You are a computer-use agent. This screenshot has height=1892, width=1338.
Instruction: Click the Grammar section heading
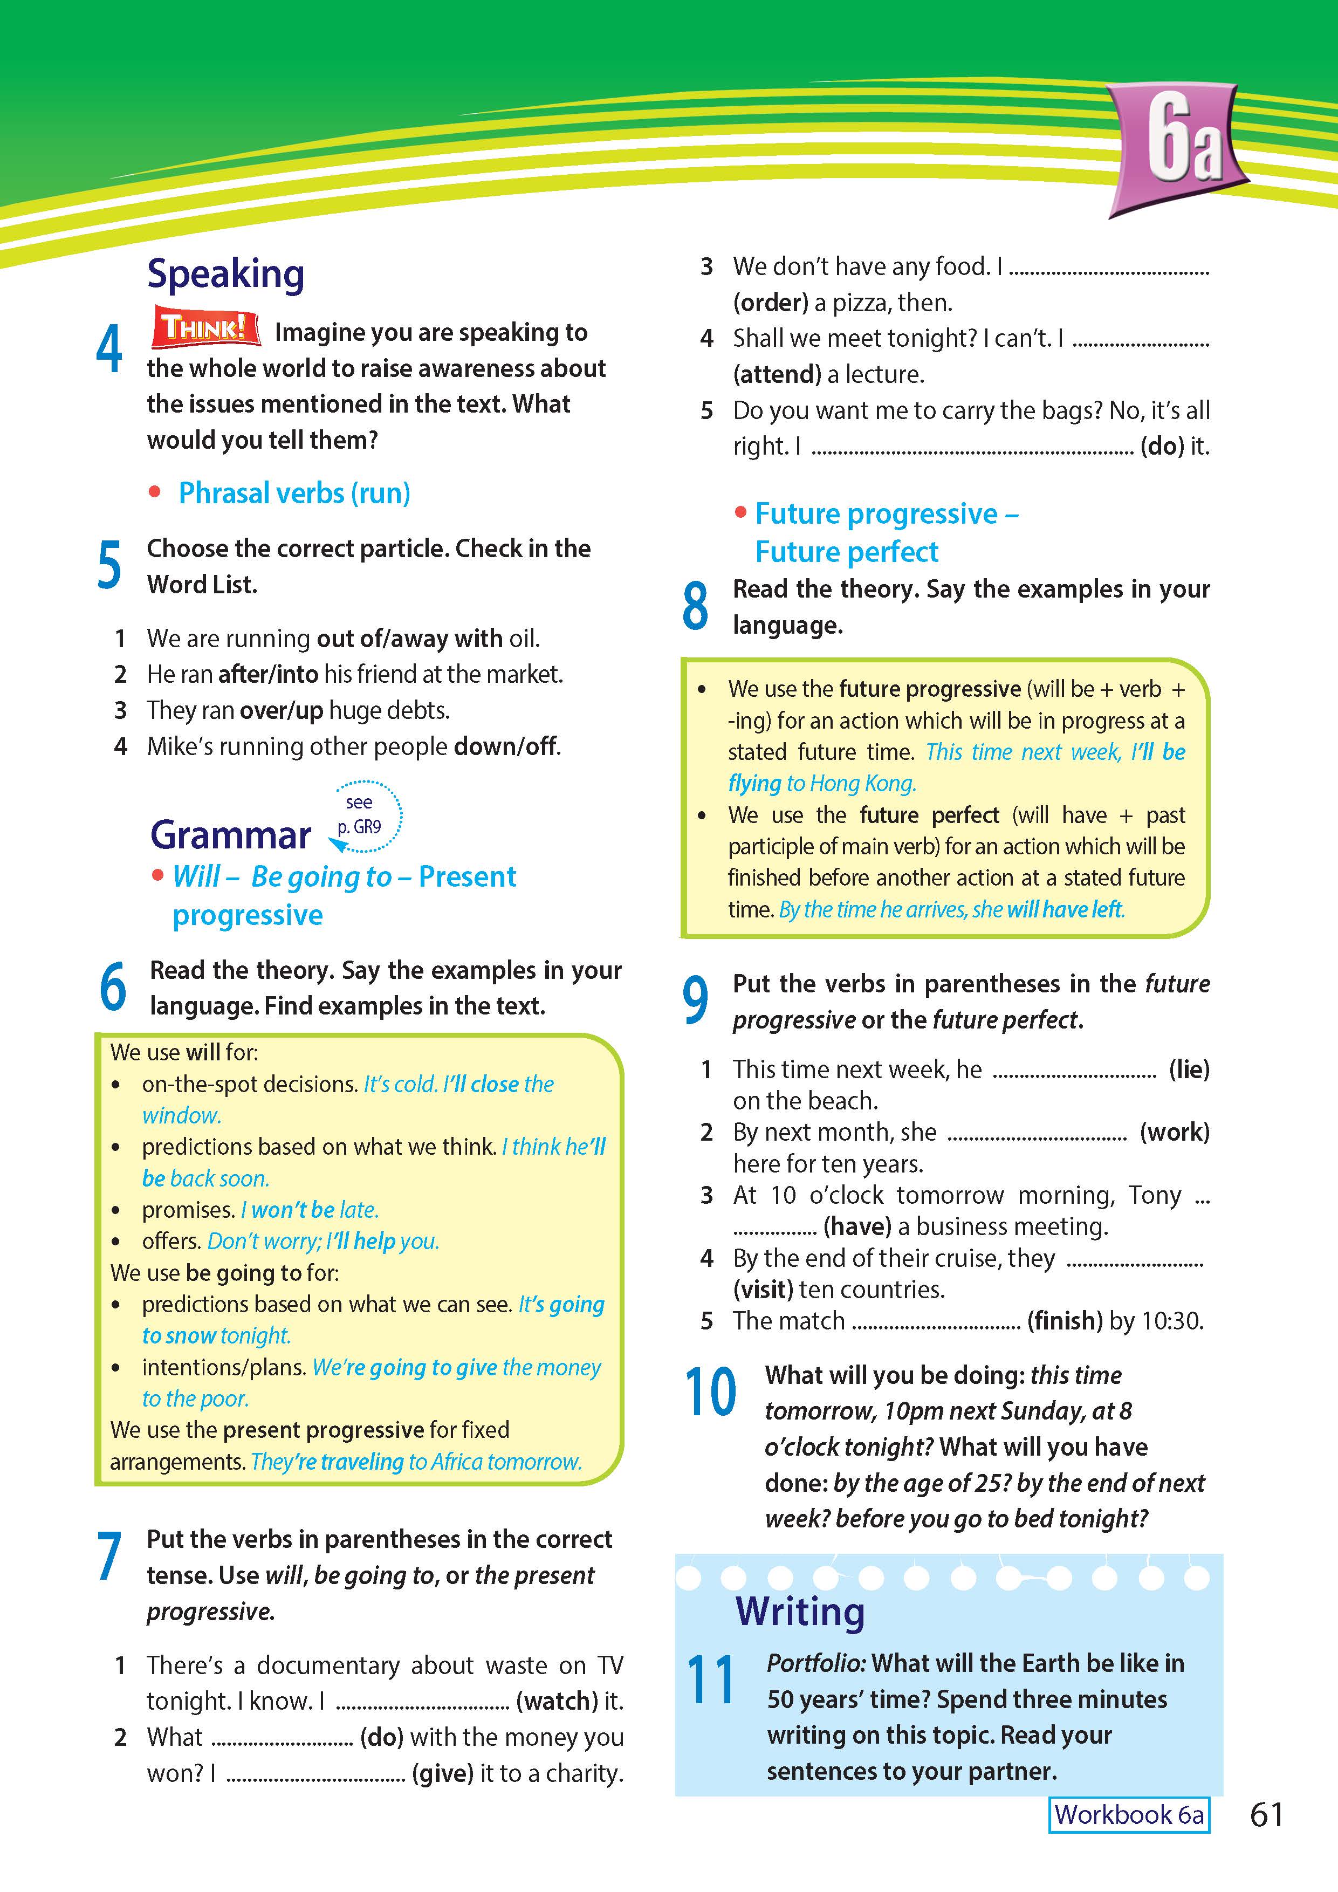231,835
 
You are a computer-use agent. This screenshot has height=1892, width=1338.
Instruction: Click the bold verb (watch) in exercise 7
557,1701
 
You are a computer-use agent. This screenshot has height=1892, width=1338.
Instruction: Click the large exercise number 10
710,1392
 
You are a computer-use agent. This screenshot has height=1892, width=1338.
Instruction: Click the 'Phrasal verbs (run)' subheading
294,493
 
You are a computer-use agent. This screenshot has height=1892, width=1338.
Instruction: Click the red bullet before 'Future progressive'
740,513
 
